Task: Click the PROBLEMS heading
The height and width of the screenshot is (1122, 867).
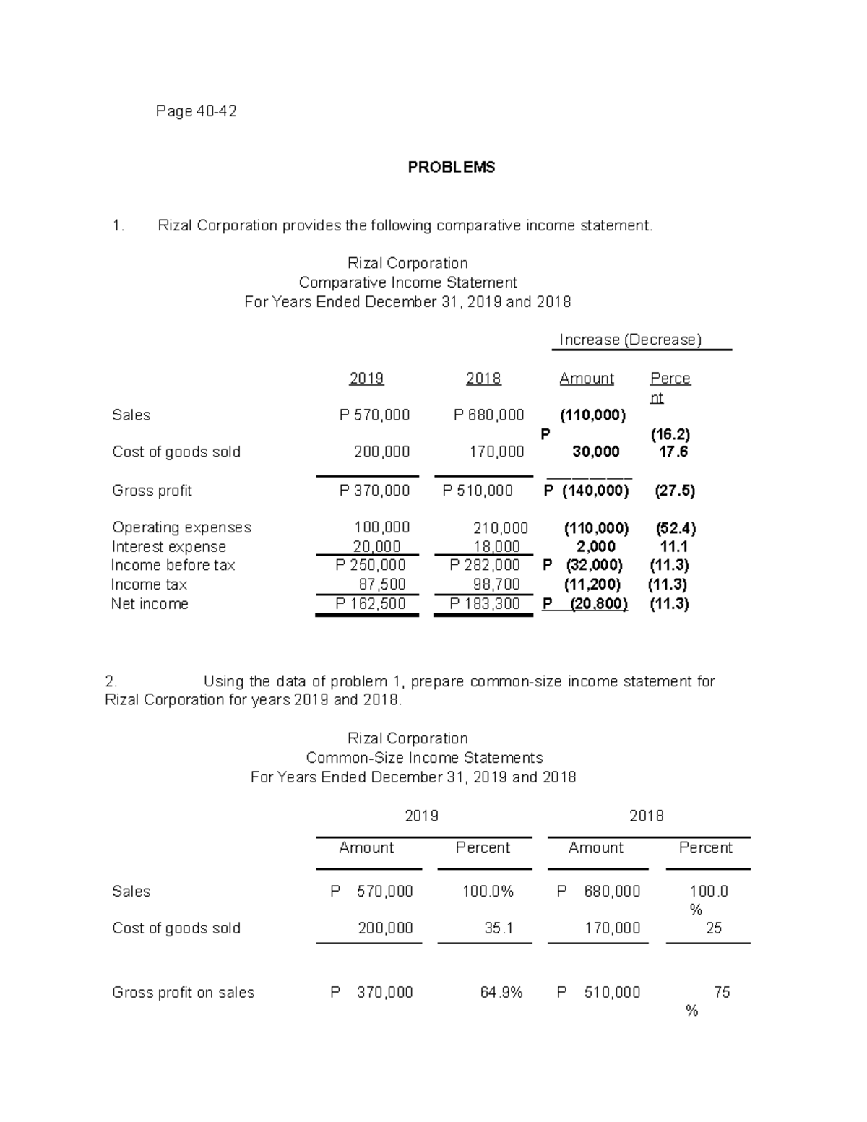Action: click(x=451, y=167)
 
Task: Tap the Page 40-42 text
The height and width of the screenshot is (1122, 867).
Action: click(x=196, y=111)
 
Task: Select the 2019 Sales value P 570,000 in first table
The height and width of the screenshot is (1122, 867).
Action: click(x=374, y=415)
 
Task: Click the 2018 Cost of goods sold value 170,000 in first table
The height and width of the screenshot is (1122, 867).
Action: click(x=496, y=452)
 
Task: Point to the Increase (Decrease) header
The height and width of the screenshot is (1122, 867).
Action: click(x=630, y=340)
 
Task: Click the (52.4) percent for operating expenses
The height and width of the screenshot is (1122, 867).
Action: click(x=676, y=528)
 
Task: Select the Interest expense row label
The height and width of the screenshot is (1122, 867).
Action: click(x=169, y=547)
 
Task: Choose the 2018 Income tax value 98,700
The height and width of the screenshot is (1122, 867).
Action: click(x=496, y=584)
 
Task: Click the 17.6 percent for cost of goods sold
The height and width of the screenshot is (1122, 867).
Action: click(x=673, y=452)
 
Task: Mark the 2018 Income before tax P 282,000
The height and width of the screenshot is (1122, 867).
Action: click(x=484, y=565)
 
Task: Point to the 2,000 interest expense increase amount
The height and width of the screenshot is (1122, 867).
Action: click(x=596, y=547)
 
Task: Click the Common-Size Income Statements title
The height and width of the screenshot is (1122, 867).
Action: click(x=424, y=758)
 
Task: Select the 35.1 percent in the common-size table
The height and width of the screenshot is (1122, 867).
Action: click(x=499, y=928)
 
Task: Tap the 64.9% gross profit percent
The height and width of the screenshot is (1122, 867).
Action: click(x=501, y=993)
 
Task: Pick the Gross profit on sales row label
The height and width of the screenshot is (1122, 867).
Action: click(x=183, y=993)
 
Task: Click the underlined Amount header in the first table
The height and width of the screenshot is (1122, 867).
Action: click(x=586, y=379)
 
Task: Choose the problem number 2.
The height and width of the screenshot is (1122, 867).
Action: click(x=110, y=681)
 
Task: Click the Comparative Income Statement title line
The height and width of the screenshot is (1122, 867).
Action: click(x=407, y=282)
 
